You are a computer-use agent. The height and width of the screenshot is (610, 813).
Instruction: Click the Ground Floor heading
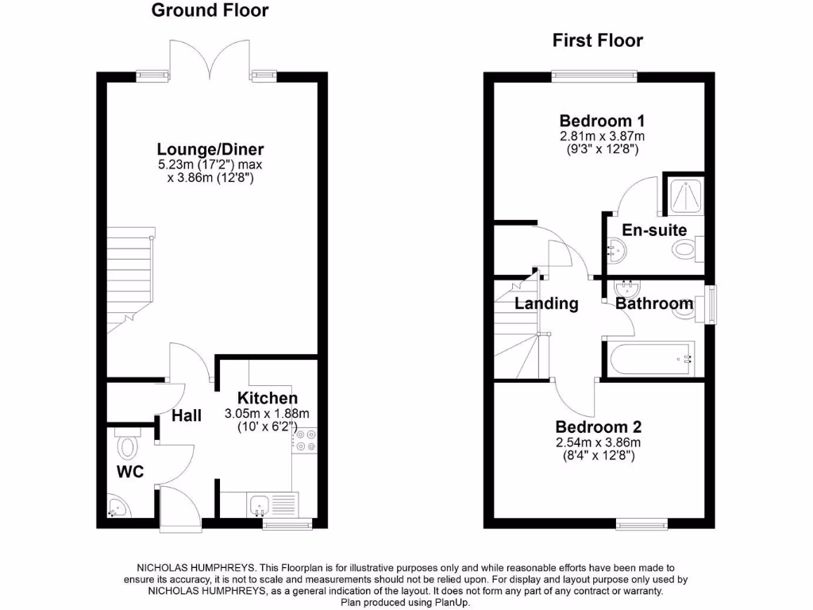210,10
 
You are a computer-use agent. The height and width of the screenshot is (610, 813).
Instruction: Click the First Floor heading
597,41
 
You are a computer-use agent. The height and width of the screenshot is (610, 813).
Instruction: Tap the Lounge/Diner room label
210,149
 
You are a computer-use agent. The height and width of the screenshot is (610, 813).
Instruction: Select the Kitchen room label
268,398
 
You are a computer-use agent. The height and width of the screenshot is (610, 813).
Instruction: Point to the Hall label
187,415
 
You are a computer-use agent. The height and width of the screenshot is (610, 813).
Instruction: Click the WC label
130,472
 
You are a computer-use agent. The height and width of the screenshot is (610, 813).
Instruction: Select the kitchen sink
260,504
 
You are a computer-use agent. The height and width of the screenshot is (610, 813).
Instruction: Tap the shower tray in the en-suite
682,194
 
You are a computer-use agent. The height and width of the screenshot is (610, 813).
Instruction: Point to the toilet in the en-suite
684,251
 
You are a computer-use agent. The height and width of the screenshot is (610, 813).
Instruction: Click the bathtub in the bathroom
649,358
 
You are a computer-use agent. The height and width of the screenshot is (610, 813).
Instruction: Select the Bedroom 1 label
602,122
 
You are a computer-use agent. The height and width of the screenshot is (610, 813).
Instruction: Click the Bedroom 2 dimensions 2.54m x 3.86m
598,442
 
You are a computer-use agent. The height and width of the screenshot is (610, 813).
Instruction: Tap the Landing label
546,303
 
